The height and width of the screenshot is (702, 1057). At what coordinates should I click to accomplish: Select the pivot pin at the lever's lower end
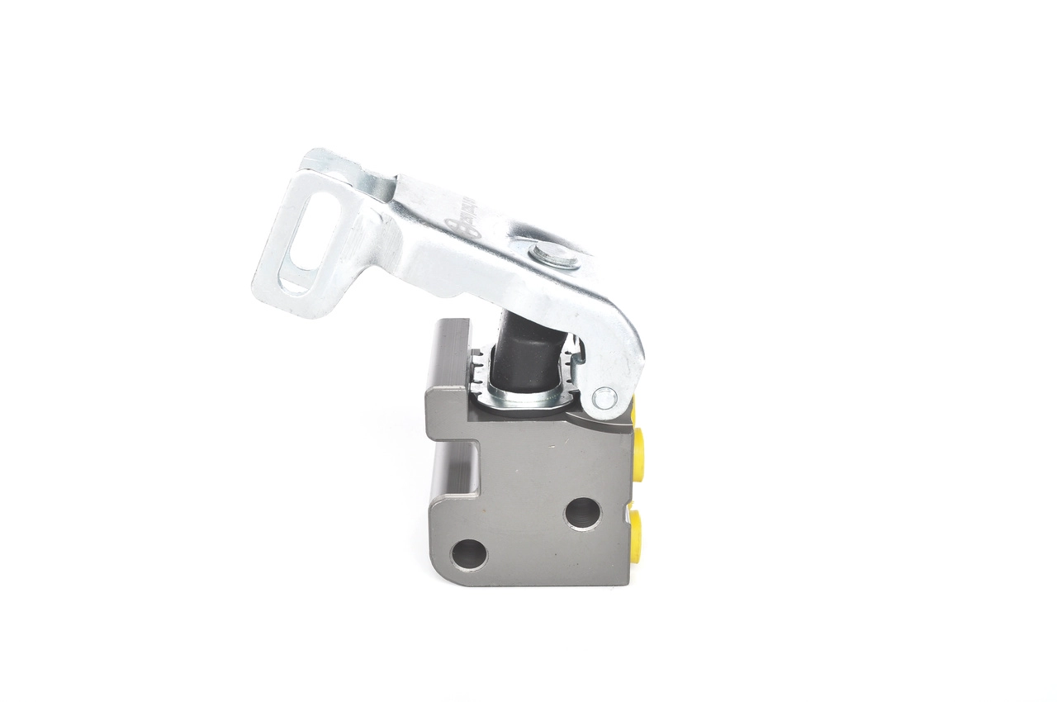tap(604, 398)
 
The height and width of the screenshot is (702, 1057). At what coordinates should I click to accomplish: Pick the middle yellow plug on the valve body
tap(638, 447)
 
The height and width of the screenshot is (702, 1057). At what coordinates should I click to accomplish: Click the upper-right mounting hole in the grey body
tap(583, 514)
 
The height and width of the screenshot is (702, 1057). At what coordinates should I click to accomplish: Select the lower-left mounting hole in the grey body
tap(469, 554)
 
